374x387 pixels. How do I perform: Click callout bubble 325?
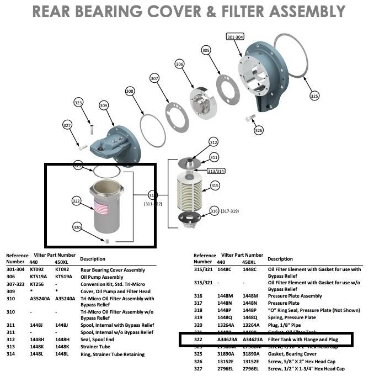click(x=314, y=96)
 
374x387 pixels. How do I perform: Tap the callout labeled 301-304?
click(x=234, y=36)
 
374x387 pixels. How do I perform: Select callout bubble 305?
click(x=206, y=50)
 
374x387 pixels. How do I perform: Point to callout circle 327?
click(x=67, y=125)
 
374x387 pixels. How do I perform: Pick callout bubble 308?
click(x=130, y=91)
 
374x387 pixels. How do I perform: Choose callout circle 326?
click(x=259, y=130)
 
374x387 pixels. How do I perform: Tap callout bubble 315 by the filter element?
click(x=215, y=186)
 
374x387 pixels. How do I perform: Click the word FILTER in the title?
click(x=223, y=11)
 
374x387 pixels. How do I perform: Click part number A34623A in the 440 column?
click(x=226, y=339)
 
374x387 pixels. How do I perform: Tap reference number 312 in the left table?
click(x=10, y=340)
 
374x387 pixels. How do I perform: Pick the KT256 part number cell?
click(x=36, y=284)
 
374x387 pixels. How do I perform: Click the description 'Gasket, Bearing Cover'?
click(x=293, y=353)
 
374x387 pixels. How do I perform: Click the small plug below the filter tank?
click(x=108, y=241)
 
